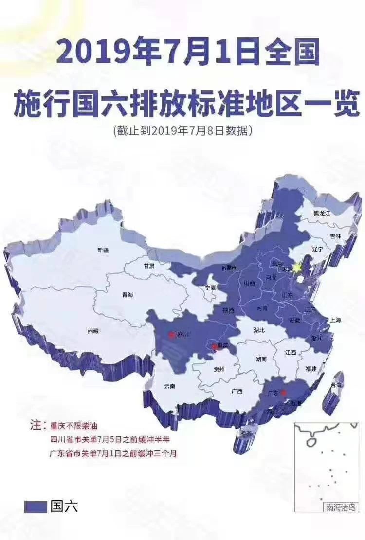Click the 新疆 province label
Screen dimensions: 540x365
point(103,250)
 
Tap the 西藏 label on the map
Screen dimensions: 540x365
point(93,331)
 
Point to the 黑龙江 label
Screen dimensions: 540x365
point(322,213)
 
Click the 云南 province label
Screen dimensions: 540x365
point(170,386)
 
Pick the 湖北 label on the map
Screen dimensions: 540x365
point(259,330)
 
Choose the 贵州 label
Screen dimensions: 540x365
point(219,369)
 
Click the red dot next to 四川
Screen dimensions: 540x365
point(171,334)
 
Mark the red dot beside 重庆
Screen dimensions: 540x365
point(214,346)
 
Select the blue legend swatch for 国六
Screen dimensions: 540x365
point(36,506)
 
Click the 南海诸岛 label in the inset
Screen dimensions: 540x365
point(341,507)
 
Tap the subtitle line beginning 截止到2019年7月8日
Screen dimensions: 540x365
point(182,131)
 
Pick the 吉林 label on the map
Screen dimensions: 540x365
point(335,236)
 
